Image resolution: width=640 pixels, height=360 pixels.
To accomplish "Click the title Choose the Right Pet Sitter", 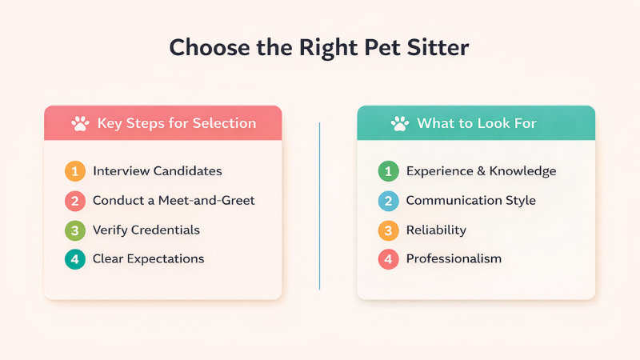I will [x=319, y=47].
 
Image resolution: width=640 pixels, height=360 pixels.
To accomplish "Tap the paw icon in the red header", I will [x=80, y=123].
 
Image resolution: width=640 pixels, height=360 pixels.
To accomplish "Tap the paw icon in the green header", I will [x=399, y=123].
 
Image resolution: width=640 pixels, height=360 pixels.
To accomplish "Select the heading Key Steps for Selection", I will [x=176, y=123].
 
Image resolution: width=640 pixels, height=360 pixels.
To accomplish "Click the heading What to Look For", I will [x=476, y=123].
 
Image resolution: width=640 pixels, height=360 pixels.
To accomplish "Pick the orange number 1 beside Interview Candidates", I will [x=75, y=170].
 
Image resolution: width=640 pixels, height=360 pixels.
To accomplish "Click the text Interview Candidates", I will [x=157, y=170].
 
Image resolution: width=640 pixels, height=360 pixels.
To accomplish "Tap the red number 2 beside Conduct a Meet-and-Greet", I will [x=75, y=200].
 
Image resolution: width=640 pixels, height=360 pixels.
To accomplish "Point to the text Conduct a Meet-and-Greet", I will [x=174, y=200].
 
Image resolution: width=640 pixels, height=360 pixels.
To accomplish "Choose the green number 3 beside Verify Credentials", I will [x=75, y=230].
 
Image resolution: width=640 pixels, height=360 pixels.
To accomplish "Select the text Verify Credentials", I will [x=146, y=230].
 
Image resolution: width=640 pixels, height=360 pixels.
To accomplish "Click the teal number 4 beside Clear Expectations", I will [x=75, y=258].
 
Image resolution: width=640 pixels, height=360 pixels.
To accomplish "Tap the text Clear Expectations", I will [x=148, y=258].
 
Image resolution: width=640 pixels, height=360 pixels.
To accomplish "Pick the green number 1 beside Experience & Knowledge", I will [x=388, y=170].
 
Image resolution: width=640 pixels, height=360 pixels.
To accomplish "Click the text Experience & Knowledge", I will [x=481, y=170].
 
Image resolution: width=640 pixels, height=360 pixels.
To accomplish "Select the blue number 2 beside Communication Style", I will [x=388, y=200].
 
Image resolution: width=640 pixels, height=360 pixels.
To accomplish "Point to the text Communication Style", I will [x=470, y=200].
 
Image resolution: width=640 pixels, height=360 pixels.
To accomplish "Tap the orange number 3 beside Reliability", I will [x=388, y=230].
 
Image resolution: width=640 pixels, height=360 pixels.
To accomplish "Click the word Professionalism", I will [x=454, y=258].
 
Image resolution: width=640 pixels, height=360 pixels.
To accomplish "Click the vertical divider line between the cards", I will [x=319, y=206].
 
